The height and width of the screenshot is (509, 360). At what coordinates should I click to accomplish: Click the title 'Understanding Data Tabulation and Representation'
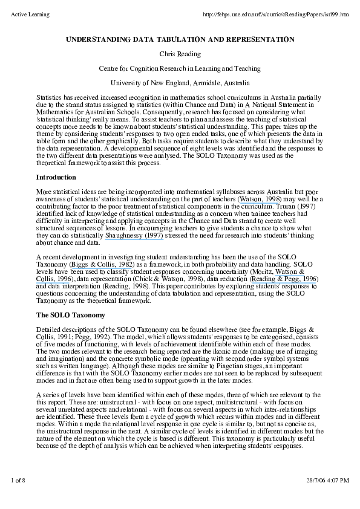coord(180,39)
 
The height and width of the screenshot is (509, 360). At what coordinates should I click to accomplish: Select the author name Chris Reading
coord(180,54)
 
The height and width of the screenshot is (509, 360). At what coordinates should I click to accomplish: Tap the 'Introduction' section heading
coord(56,177)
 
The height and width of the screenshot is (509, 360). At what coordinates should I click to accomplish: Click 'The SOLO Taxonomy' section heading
coord(71,315)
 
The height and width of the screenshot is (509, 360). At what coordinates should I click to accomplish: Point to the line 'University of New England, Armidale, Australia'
coord(180,83)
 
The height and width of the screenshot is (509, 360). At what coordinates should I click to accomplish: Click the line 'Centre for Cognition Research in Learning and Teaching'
coord(180,68)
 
